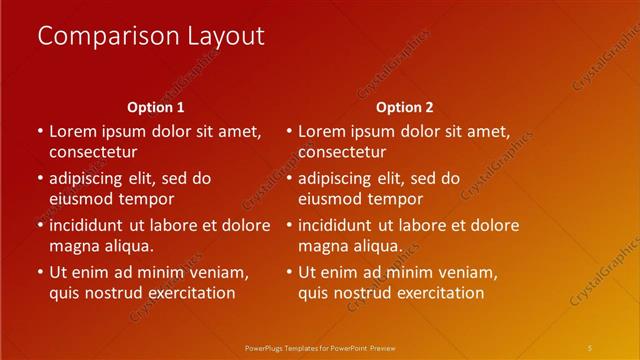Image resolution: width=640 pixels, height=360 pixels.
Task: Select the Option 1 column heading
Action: click(x=156, y=107)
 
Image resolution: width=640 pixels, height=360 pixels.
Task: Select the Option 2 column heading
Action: click(x=404, y=107)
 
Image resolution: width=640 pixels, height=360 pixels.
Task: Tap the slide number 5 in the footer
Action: click(x=591, y=347)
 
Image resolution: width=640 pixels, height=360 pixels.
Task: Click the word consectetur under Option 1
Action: click(x=93, y=152)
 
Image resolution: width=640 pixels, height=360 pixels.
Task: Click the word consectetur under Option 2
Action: click(x=342, y=152)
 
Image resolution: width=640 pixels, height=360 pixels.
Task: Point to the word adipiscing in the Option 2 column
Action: click(x=339, y=178)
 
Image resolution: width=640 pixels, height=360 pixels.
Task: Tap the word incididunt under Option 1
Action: click(x=89, y=225)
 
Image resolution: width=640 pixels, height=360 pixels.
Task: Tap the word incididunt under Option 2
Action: click(x=338, y=225)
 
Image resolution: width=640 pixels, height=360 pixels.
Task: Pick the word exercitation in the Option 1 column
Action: click(x=189, y=293)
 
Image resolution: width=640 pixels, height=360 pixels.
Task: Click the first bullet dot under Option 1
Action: click(x=40, y=131)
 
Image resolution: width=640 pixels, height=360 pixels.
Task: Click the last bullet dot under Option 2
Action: click(x=289, y=271)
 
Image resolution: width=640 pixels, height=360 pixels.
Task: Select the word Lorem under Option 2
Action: click(x=320, y=131)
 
